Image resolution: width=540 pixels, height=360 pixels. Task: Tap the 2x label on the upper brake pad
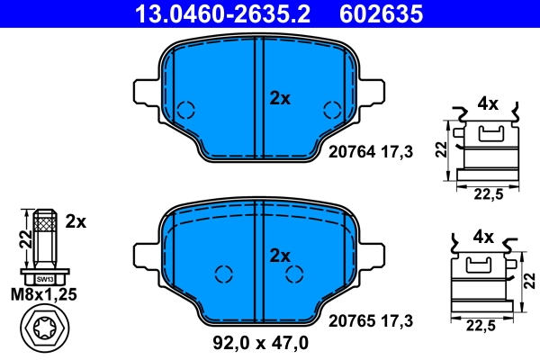pos(281,99)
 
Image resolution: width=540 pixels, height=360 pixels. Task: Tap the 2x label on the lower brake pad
pos(281,256)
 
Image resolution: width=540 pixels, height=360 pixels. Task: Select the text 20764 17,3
pos(371,153)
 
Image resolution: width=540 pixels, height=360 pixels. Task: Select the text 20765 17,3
pos(371,319)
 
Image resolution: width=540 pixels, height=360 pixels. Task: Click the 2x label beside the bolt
pos(76,220)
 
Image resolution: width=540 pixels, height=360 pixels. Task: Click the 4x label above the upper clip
pos(488,103)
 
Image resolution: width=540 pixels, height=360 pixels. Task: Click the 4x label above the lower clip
pos(483,238)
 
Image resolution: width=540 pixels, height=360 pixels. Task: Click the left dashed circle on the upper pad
pos(186,111)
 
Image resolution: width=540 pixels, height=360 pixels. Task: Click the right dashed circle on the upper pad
pos(331,111)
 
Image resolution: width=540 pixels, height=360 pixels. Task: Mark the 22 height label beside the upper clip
pos(441,148)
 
